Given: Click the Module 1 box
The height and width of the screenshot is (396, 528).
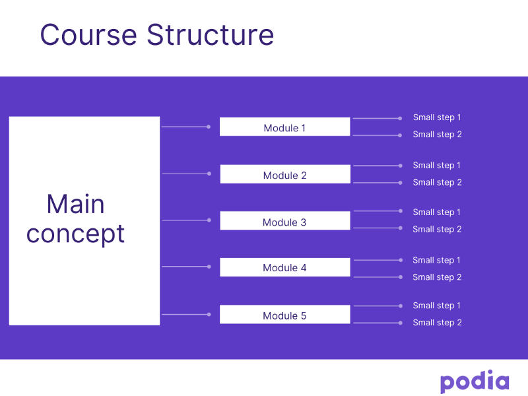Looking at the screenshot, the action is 285,127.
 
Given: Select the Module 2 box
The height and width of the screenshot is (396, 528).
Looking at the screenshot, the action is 285,174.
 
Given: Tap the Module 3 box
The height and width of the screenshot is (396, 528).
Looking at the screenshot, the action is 285,220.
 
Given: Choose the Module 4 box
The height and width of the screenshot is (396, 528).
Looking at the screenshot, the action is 285,267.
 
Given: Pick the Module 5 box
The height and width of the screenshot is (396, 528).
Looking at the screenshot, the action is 285,314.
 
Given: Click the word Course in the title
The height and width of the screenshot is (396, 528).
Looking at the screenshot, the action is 88,35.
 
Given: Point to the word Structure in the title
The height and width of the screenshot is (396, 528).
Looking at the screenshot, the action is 211,35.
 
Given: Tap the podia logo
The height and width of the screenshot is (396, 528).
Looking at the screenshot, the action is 475,381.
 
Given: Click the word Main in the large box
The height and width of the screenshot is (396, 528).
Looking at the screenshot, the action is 75,204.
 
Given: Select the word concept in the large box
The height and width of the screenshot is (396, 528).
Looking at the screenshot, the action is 75,234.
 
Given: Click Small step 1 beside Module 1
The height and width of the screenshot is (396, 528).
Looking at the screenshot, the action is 437,117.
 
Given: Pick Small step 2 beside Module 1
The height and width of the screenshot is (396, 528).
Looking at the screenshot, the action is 437,135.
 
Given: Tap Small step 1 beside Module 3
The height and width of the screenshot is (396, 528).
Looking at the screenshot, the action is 436,213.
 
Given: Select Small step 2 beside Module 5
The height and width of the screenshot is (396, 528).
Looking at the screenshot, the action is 437,323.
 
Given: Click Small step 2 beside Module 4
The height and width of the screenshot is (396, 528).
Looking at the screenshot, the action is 437,277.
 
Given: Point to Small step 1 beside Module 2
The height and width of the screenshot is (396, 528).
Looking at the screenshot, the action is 436,166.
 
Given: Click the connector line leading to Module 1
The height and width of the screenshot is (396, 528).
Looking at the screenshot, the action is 186,127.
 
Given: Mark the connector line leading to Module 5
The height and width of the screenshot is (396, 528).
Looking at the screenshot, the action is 186,315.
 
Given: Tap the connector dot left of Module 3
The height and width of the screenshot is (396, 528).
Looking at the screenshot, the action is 209,220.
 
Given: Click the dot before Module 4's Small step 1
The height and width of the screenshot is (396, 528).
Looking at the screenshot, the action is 401,260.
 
